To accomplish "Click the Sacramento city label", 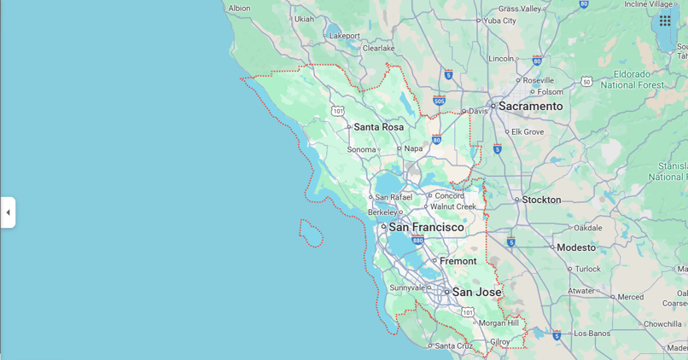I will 530,106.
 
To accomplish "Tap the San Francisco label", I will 426,227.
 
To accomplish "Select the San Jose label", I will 476,292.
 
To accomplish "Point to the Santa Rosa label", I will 378,127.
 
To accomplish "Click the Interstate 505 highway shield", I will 439,100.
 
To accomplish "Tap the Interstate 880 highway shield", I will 417,241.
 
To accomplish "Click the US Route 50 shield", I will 586,81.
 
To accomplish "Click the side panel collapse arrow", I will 8,212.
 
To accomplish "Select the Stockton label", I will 541,200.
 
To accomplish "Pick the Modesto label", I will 575,247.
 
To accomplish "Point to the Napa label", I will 413,148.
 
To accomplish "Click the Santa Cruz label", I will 452,345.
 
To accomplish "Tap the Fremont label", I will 458,261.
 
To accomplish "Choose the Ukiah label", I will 304,19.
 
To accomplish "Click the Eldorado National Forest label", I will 632,80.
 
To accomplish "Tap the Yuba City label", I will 499,20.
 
